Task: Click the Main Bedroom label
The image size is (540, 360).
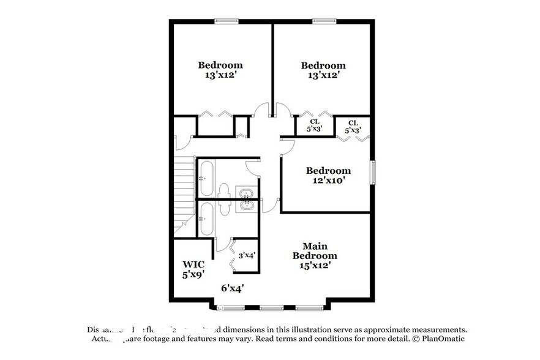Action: click(x=314, y=250)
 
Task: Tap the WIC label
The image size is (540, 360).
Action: click(x=193, y=264)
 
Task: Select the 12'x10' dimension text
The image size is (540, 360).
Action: click(x=328, y=181)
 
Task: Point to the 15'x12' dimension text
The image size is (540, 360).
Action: click(x=314, y=265)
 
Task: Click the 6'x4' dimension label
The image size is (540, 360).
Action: click(x=232, y=287)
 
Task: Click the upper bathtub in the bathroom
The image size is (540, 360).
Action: click(x=206, y=178)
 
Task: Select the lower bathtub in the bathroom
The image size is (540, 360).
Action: click(x=206, y=219)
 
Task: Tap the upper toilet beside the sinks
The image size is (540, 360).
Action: click(x=224, y=192)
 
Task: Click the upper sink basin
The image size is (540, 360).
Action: click(x=246, y=195)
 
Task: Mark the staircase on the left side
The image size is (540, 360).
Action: click(x=184, y=193)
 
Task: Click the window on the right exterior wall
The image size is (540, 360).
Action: click(x=372, y=172)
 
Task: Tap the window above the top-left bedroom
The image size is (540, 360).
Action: click(x=226, y=21)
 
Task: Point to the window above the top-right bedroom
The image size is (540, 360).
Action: click(x=324, y=21)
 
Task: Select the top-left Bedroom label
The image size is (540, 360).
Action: click(x=220, y=65)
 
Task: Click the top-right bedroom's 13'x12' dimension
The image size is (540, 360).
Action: click(x=323, y=75)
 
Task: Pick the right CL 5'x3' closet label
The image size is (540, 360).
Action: click(x=353, y=126)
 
